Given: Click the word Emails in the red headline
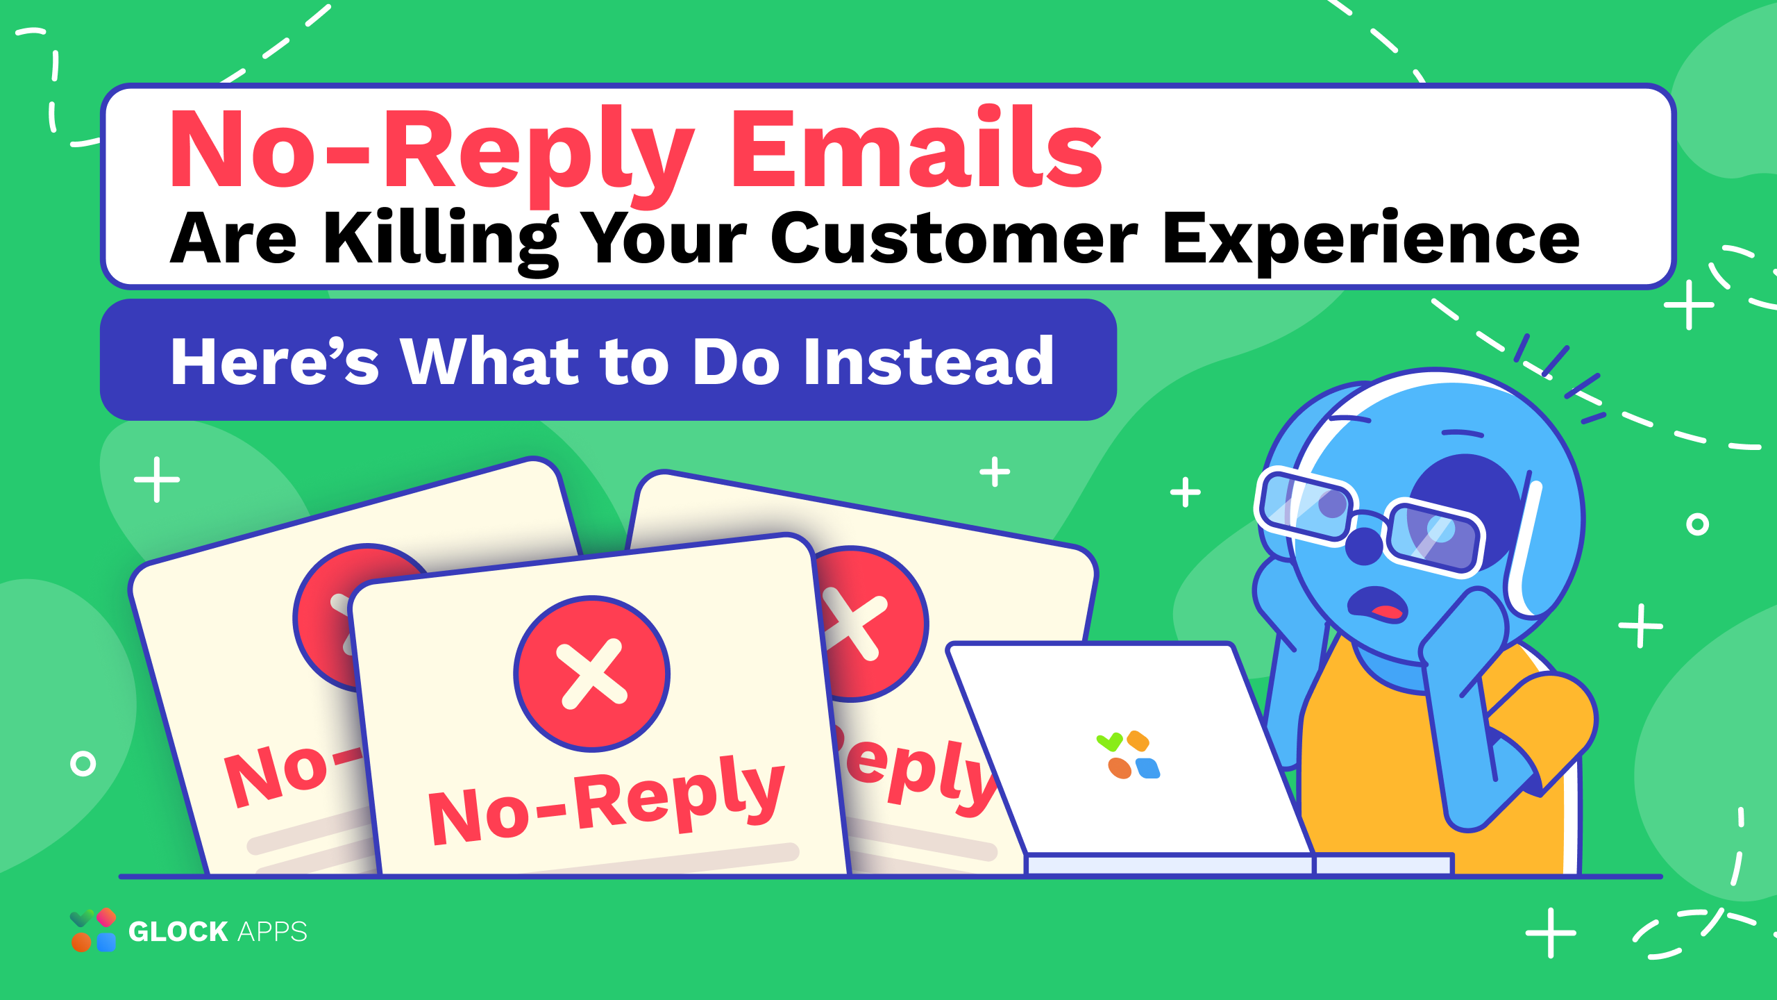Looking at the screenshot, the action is click(916, 147).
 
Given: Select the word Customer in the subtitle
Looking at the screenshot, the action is click(954, 237).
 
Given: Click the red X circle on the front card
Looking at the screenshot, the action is click(592, 674).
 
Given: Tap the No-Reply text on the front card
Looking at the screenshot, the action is click(607, 799).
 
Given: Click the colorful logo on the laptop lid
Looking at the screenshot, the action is click(1129, 755).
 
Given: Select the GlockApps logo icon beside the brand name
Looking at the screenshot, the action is click(93, 930).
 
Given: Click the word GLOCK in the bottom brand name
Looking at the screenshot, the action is click(178, 931).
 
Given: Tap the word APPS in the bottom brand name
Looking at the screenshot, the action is click(272, 931).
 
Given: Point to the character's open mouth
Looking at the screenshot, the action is click(1378, 603).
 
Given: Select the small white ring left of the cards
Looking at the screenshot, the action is click(83, 763).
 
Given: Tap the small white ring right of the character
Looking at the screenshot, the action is click(1697, 524).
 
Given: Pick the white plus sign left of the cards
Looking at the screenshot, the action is click(157, 479).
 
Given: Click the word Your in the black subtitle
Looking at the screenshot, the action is click(665, 237).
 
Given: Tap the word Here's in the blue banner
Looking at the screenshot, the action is click(275, 361).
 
